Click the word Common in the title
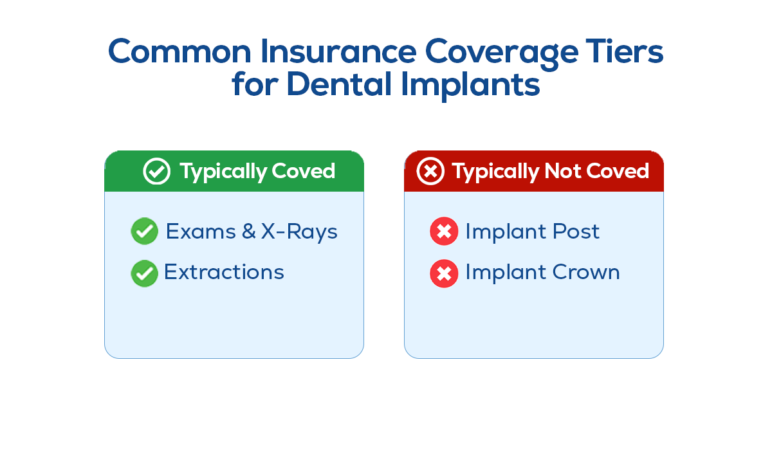pos(179,51)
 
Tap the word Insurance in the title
pos(338,51)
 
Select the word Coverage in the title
pos(501,54)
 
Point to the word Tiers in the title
pos(624,51)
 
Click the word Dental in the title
pos(339,84)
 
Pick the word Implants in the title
pos(470,86)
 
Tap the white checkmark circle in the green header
pos(156,171)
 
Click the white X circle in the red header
pos(430,171)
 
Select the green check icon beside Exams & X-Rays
pos(144,231)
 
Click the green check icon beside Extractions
pos(144,273)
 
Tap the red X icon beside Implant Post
pos(444,231)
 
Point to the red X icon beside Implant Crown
pos(444,273)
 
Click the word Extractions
pos(224,272)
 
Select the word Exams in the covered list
pos(201,231)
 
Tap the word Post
pos(576,231)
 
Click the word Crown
pos(586,272)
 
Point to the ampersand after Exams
pos(248,231)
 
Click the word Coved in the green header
pos(303,171)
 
